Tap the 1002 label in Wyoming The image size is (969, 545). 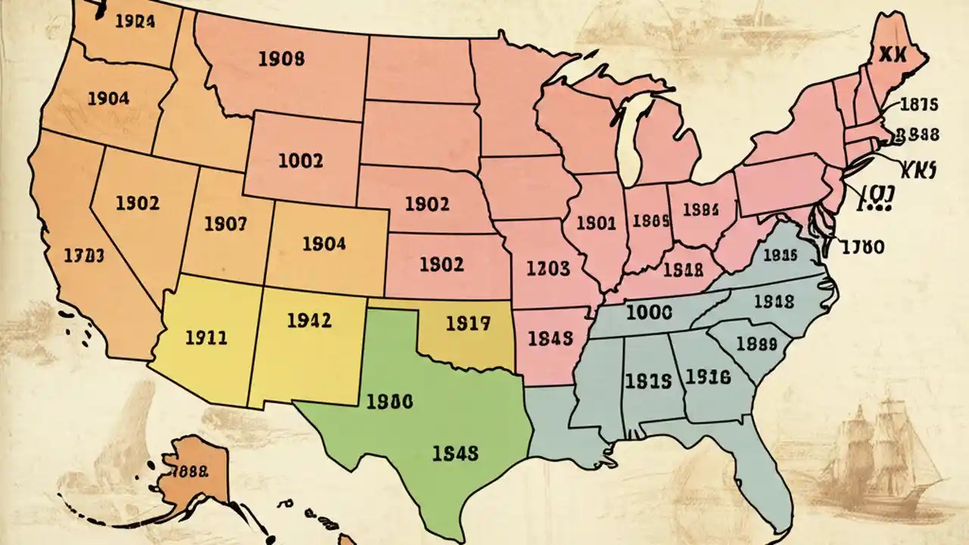(301, 160)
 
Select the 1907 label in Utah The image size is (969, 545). (225, 224)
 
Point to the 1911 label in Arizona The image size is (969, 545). (206, 338)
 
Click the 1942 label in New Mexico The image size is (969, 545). (310, 320)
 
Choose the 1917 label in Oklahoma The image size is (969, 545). (468, 324)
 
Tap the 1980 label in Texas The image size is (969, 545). (389, 402)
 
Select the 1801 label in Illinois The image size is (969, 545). (596, 223)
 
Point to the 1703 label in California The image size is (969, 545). (83, 254)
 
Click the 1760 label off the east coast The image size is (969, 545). (862, 246)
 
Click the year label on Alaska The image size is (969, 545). (186, 470)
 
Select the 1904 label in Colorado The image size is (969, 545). (324, 244)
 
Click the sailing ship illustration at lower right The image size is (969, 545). (882, 454)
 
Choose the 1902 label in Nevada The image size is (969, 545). (138, 203)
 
